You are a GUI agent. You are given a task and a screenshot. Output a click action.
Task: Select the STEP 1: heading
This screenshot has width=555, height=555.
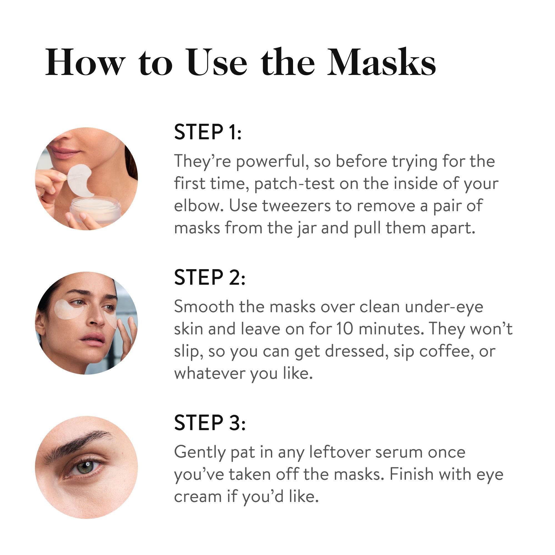(208, 132)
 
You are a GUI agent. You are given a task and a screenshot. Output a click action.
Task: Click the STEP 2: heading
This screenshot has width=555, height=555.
(210, 278)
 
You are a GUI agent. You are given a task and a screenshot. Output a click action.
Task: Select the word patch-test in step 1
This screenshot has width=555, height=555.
(294, 184)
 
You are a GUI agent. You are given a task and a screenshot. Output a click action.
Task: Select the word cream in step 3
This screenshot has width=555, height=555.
(198, 497)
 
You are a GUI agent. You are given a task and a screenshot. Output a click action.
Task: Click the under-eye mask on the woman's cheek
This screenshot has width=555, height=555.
(69, 309)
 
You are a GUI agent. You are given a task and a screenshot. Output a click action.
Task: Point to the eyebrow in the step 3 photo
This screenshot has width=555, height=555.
(80, 442)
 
